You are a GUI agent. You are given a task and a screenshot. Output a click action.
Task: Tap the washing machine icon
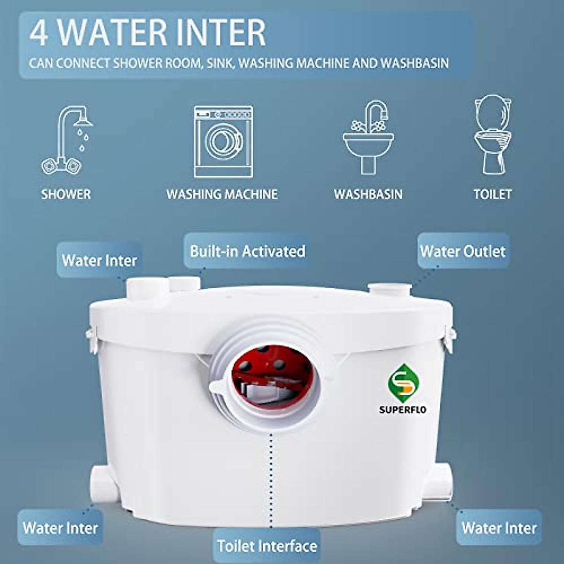(x=223, y=141)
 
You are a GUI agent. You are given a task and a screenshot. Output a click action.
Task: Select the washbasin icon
(x=368, y=137)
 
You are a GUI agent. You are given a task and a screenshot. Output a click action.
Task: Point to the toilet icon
(x=493, y=135)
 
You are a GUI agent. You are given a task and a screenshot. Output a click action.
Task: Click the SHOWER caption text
(x=66, y=194)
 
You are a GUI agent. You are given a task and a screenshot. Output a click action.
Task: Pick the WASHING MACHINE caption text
(x=222, y=194)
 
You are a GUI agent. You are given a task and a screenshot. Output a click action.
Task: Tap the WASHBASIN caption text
(x=368, y=194)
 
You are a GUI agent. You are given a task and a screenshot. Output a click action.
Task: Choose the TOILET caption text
(x=493, y=194)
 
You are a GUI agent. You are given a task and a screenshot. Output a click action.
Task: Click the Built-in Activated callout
(x=247, y=251)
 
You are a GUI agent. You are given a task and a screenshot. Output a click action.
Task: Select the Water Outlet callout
(x=463, y=251)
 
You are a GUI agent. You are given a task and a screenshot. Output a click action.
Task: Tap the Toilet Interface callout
(x=267, y=546)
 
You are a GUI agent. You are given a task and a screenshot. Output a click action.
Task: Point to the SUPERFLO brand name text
(x=403, y=410)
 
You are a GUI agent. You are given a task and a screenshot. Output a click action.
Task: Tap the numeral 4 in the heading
(x=39, y=33)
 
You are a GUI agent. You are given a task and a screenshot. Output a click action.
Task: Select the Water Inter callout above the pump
(x=99, y=260)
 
